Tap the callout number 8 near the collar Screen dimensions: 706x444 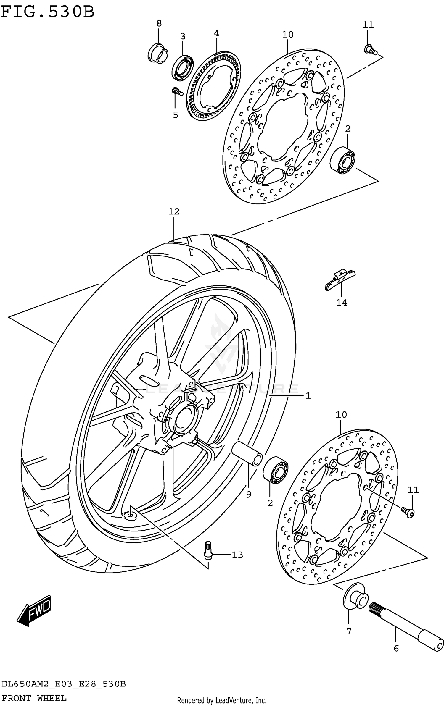[x=159, y=23]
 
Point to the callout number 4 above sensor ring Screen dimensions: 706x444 [x=216, y=33]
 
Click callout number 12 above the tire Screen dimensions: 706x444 [x=174, y=211]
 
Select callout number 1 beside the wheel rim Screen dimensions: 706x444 [x=308, y=396]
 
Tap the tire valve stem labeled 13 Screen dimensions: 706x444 [x=208, y=550]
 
